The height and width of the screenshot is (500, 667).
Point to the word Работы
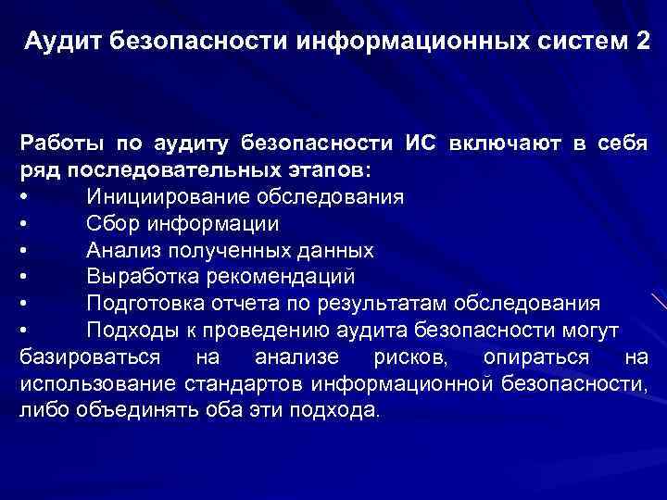pyautogui.click(x=60, y=144)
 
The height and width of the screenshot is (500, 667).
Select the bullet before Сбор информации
pyautogui.click(x=24, y=224)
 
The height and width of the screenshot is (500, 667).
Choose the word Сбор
pyautogui.click(x=112, y=224)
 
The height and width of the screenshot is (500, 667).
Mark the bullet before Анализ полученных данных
pyautogui.click(x=24, y=251)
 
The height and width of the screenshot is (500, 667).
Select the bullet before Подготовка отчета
pyautogui.click(x=24, y=304)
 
